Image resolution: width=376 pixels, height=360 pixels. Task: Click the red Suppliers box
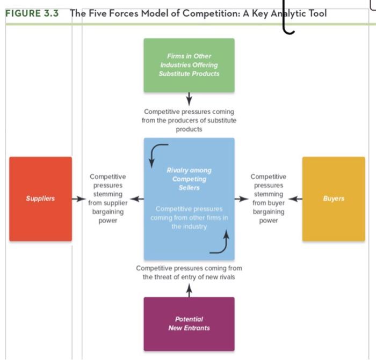click(40, 199)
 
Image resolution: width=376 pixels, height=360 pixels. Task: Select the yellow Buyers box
click(334, 199)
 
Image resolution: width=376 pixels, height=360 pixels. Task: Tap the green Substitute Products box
click(189, 65)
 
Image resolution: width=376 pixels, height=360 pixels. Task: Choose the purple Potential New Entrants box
click(189, 324)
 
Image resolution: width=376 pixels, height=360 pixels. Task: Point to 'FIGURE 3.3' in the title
click(32, 13)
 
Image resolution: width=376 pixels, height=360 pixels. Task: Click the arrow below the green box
click(189, 100)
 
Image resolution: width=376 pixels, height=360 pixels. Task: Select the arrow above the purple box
click(189, 290)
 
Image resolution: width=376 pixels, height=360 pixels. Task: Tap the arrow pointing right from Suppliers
click(79, 199)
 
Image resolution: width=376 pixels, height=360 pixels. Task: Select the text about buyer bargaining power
click(269, 199)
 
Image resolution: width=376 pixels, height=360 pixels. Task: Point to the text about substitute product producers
click(189, 121)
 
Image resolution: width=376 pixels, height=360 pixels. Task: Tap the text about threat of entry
click(189, 273)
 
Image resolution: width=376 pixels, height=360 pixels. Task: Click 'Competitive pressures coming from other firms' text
click(189, 217)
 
